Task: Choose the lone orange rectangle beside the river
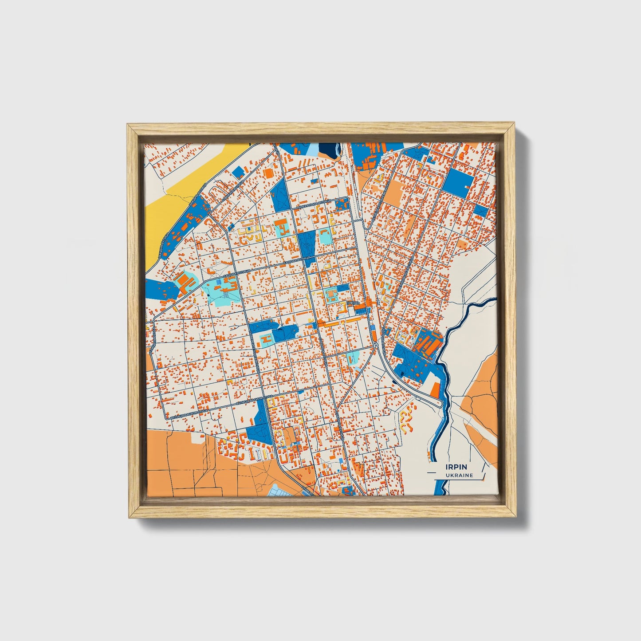[435, 389]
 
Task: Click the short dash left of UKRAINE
[438, 476]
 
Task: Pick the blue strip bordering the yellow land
[182, 226]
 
